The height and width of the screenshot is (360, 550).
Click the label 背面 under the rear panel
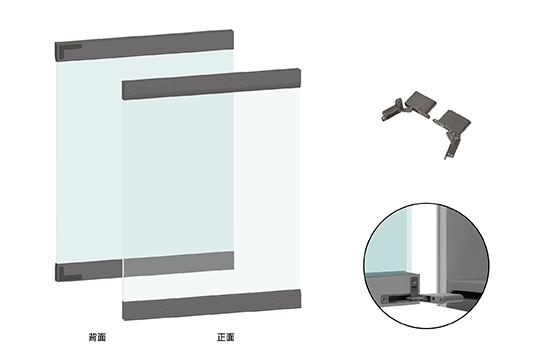[x=97, y=338]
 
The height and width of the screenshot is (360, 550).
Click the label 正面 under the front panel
[x=226, y=338]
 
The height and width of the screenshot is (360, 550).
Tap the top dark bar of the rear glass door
[x=144, y=46]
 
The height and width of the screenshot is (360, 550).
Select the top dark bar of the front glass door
[x=212, y=84]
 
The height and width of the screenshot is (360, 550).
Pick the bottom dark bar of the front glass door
[x=212, y=305]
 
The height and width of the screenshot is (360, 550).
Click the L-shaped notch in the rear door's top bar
[x=68, y=48]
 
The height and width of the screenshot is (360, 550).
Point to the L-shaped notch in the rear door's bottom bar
[x=68, y=274]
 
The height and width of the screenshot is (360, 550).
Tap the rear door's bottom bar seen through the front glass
[x=178, y=263]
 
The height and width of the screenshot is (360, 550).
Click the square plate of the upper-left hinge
[x=421, y=102]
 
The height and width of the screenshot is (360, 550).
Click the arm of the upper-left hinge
[x=394, y=110]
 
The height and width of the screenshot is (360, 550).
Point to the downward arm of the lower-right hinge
[x=451, y=145]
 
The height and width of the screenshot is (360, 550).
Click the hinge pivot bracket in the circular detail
[x=415, y=286]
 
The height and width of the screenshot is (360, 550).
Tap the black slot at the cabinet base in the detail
[x=466, y=294]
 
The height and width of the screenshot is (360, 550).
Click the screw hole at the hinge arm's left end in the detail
[x=385, y=299]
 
